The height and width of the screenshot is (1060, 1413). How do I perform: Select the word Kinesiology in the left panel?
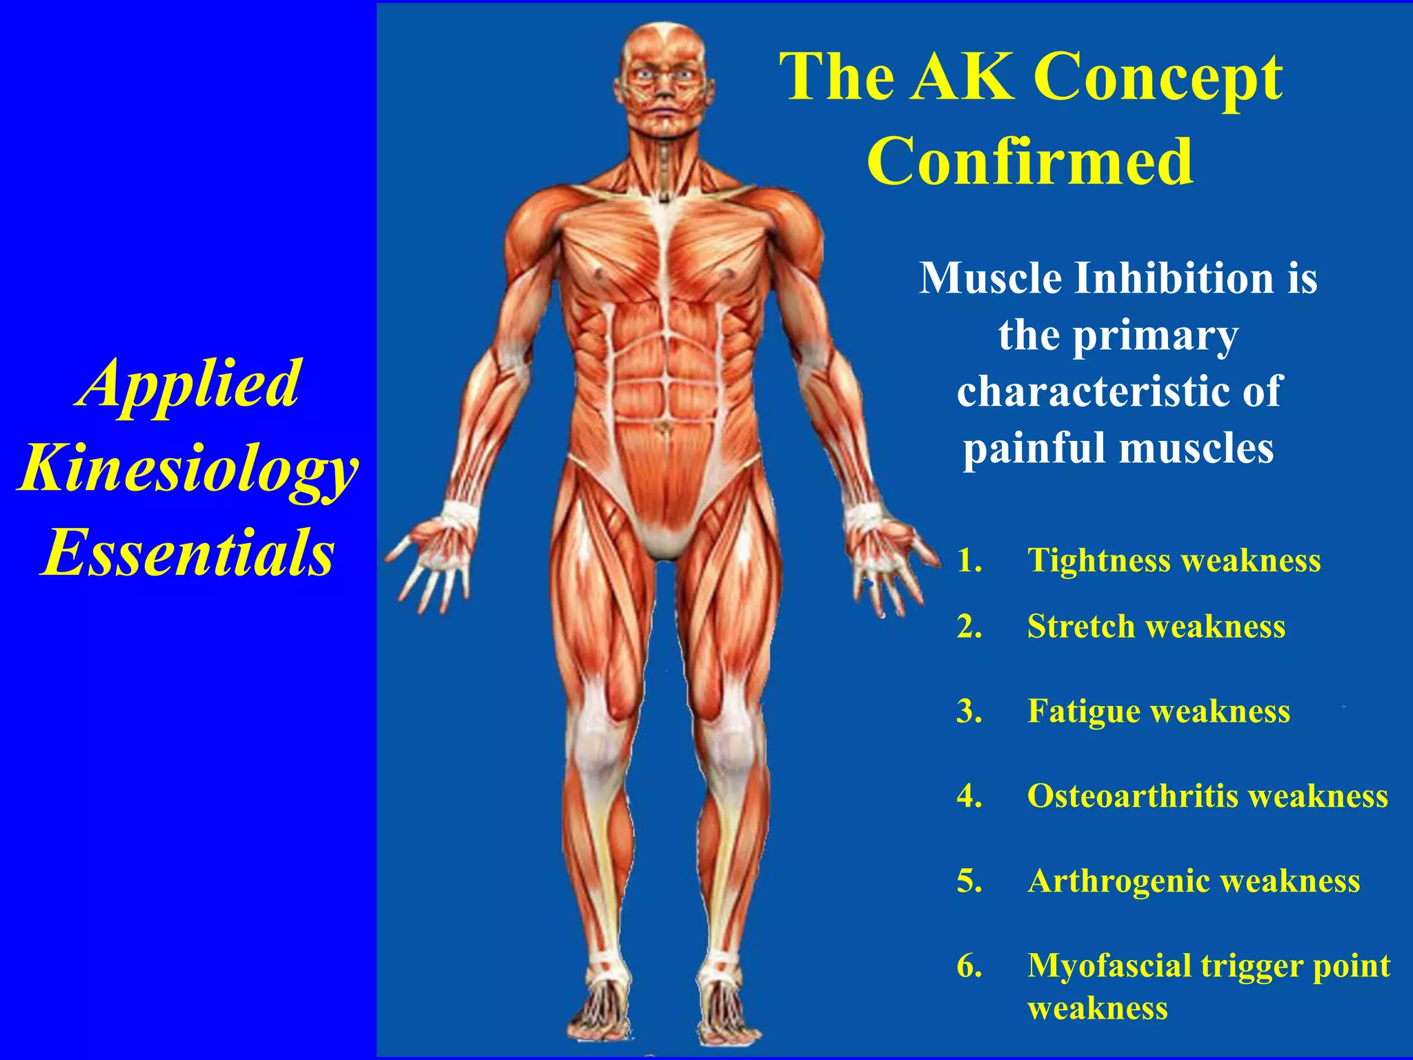click(188, 469)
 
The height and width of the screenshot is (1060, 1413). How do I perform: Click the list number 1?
click(969, 560)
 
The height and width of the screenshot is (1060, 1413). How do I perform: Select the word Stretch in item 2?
click(1080, 627)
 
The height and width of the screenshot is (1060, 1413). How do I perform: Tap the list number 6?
click(969, 966)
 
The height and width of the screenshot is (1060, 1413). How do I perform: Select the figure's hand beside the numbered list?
click(887, 559)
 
